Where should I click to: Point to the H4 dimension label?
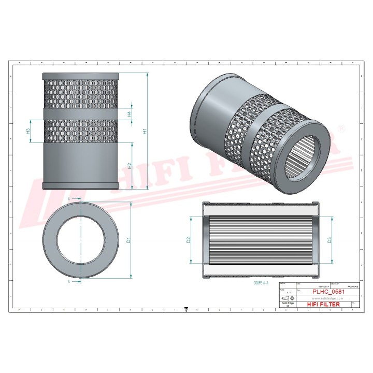[x=130, y=114]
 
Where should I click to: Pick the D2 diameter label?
[x=189, y=240]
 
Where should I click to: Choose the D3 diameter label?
[x=329, y=240]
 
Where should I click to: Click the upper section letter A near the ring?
[x=69, y=198]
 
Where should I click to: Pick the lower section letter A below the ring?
[x=69, y=281]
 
